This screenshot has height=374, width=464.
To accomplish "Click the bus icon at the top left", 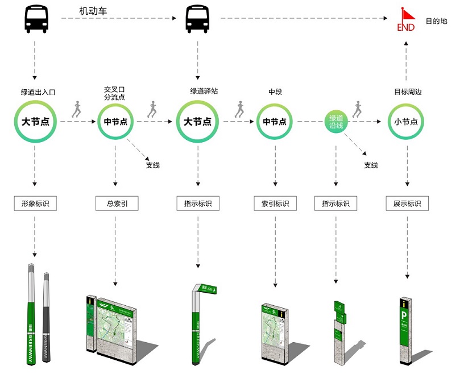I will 36,19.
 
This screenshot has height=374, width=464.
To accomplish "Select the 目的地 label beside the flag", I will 436,21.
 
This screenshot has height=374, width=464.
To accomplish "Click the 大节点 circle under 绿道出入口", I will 35,122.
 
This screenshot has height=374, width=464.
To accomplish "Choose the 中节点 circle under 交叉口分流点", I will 115,122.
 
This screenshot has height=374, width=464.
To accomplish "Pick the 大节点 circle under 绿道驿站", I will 198,122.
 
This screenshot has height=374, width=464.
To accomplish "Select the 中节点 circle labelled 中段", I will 275,122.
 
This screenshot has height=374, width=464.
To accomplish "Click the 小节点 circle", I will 407,122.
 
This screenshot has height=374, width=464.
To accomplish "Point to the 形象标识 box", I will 35,203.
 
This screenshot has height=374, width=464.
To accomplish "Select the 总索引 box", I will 115,203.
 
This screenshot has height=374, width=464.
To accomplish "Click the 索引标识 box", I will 275,203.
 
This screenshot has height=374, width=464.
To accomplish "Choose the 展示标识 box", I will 407,203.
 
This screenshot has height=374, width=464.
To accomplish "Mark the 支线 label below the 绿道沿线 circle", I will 371,165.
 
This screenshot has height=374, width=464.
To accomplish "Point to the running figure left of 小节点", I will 357,109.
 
